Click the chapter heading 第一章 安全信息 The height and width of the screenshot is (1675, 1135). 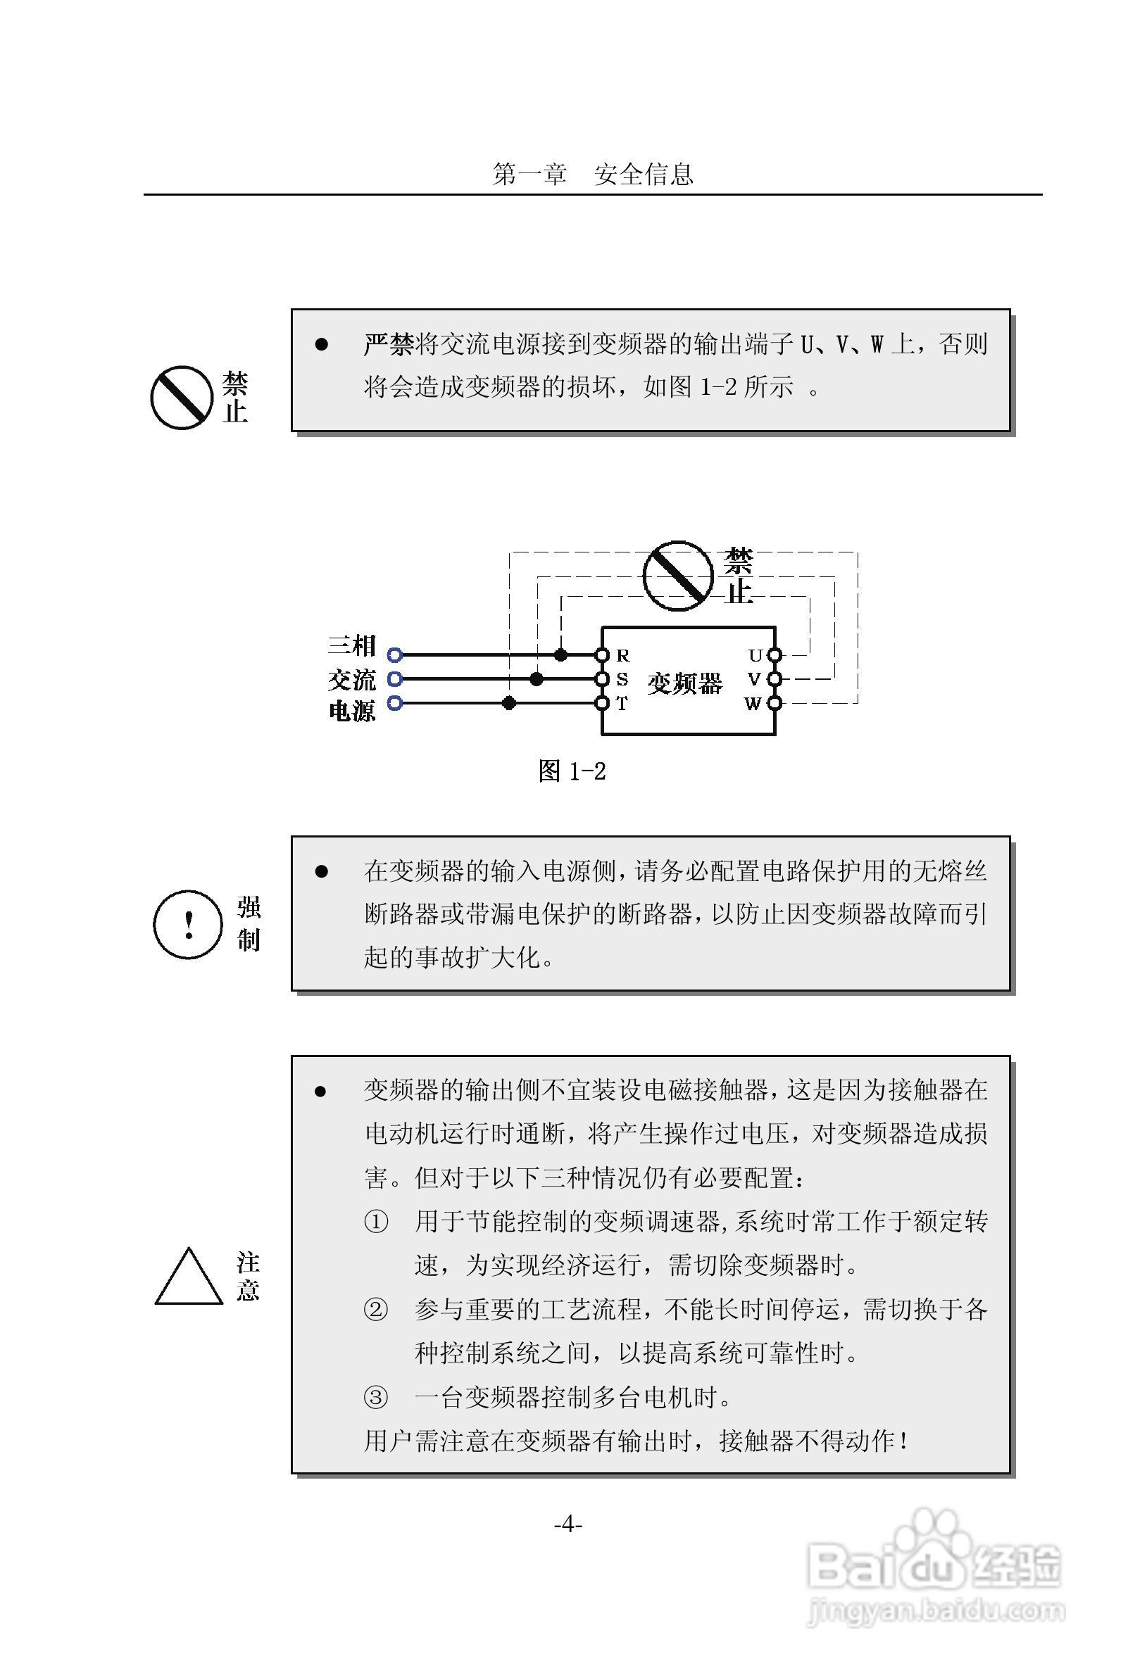(x=592, y=174)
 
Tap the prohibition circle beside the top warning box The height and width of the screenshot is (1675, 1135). (x=181, y=397)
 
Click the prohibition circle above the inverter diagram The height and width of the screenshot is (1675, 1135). (x=677, y=576)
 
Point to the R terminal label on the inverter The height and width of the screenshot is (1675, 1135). (x=623, y=655)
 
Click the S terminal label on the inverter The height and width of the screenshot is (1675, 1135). (x=622, y=679)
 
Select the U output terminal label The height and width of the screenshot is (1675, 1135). (x=754, y=655)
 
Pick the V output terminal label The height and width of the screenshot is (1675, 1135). (x=754, y=679)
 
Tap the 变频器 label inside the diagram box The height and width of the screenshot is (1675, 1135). (x=684, y=683)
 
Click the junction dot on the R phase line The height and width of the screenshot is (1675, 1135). (x=560, y=655)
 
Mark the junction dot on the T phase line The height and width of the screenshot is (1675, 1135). (x=509, y=702)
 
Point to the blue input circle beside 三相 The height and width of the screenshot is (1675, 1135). (x=394, y=655)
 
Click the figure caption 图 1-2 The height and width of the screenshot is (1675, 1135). (x=572, y=771)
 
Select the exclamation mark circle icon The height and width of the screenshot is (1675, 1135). (x=187, y=924)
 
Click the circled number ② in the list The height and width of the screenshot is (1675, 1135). (x=375, y=1308)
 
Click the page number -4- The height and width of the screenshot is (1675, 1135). (x=567, y=1524)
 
